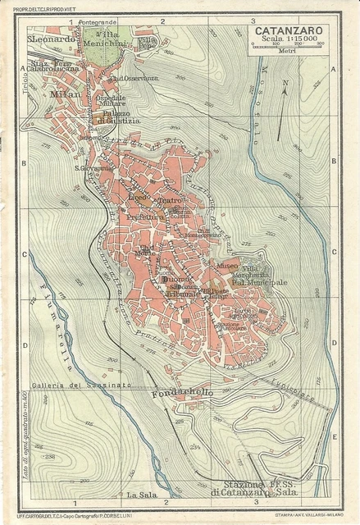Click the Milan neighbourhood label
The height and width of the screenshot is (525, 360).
tap(66, 95)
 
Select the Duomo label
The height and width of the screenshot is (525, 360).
tap(175, 280)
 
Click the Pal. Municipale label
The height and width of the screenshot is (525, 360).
tap(258, 282)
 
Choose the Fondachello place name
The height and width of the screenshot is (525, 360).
tap(181, 393)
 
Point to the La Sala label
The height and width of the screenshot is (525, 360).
tap(142, 495)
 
